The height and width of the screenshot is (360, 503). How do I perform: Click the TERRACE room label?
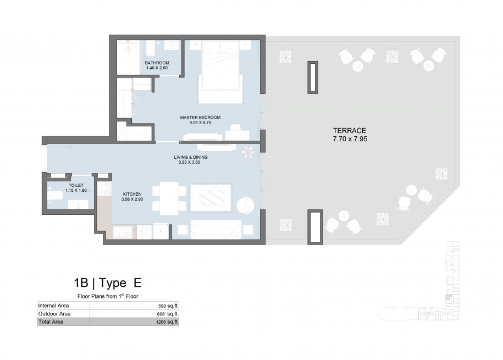coord(349,131)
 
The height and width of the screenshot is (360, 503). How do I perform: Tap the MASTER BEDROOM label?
coord(200,118)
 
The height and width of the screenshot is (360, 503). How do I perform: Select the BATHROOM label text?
coord(157,63)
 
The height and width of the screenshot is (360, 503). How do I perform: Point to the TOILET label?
coord(76,185)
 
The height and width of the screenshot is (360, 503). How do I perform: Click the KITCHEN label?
coord(132,194)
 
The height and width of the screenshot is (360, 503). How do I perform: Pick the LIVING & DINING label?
coord(191,157)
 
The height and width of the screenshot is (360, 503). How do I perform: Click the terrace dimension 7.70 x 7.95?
coord(350,139)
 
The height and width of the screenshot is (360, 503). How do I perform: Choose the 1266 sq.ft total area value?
coord(167,322)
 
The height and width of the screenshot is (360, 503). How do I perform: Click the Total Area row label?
coord(51,322)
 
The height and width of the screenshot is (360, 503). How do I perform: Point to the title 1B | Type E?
coord(107,283)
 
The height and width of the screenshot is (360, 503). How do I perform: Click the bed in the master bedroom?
coord(220,72)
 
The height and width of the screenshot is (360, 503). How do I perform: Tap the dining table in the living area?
coord(169,198)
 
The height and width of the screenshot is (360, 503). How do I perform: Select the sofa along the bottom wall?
coord(216,229)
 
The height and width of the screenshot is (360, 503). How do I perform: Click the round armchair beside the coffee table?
coord(245,205)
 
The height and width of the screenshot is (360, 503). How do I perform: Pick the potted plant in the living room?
coord(248,152)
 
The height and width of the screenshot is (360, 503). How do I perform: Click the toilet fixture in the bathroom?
coord(150,49)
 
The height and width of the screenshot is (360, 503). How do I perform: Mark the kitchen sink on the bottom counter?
coord(123,232)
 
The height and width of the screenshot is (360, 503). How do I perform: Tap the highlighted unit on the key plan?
coord(449,297)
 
